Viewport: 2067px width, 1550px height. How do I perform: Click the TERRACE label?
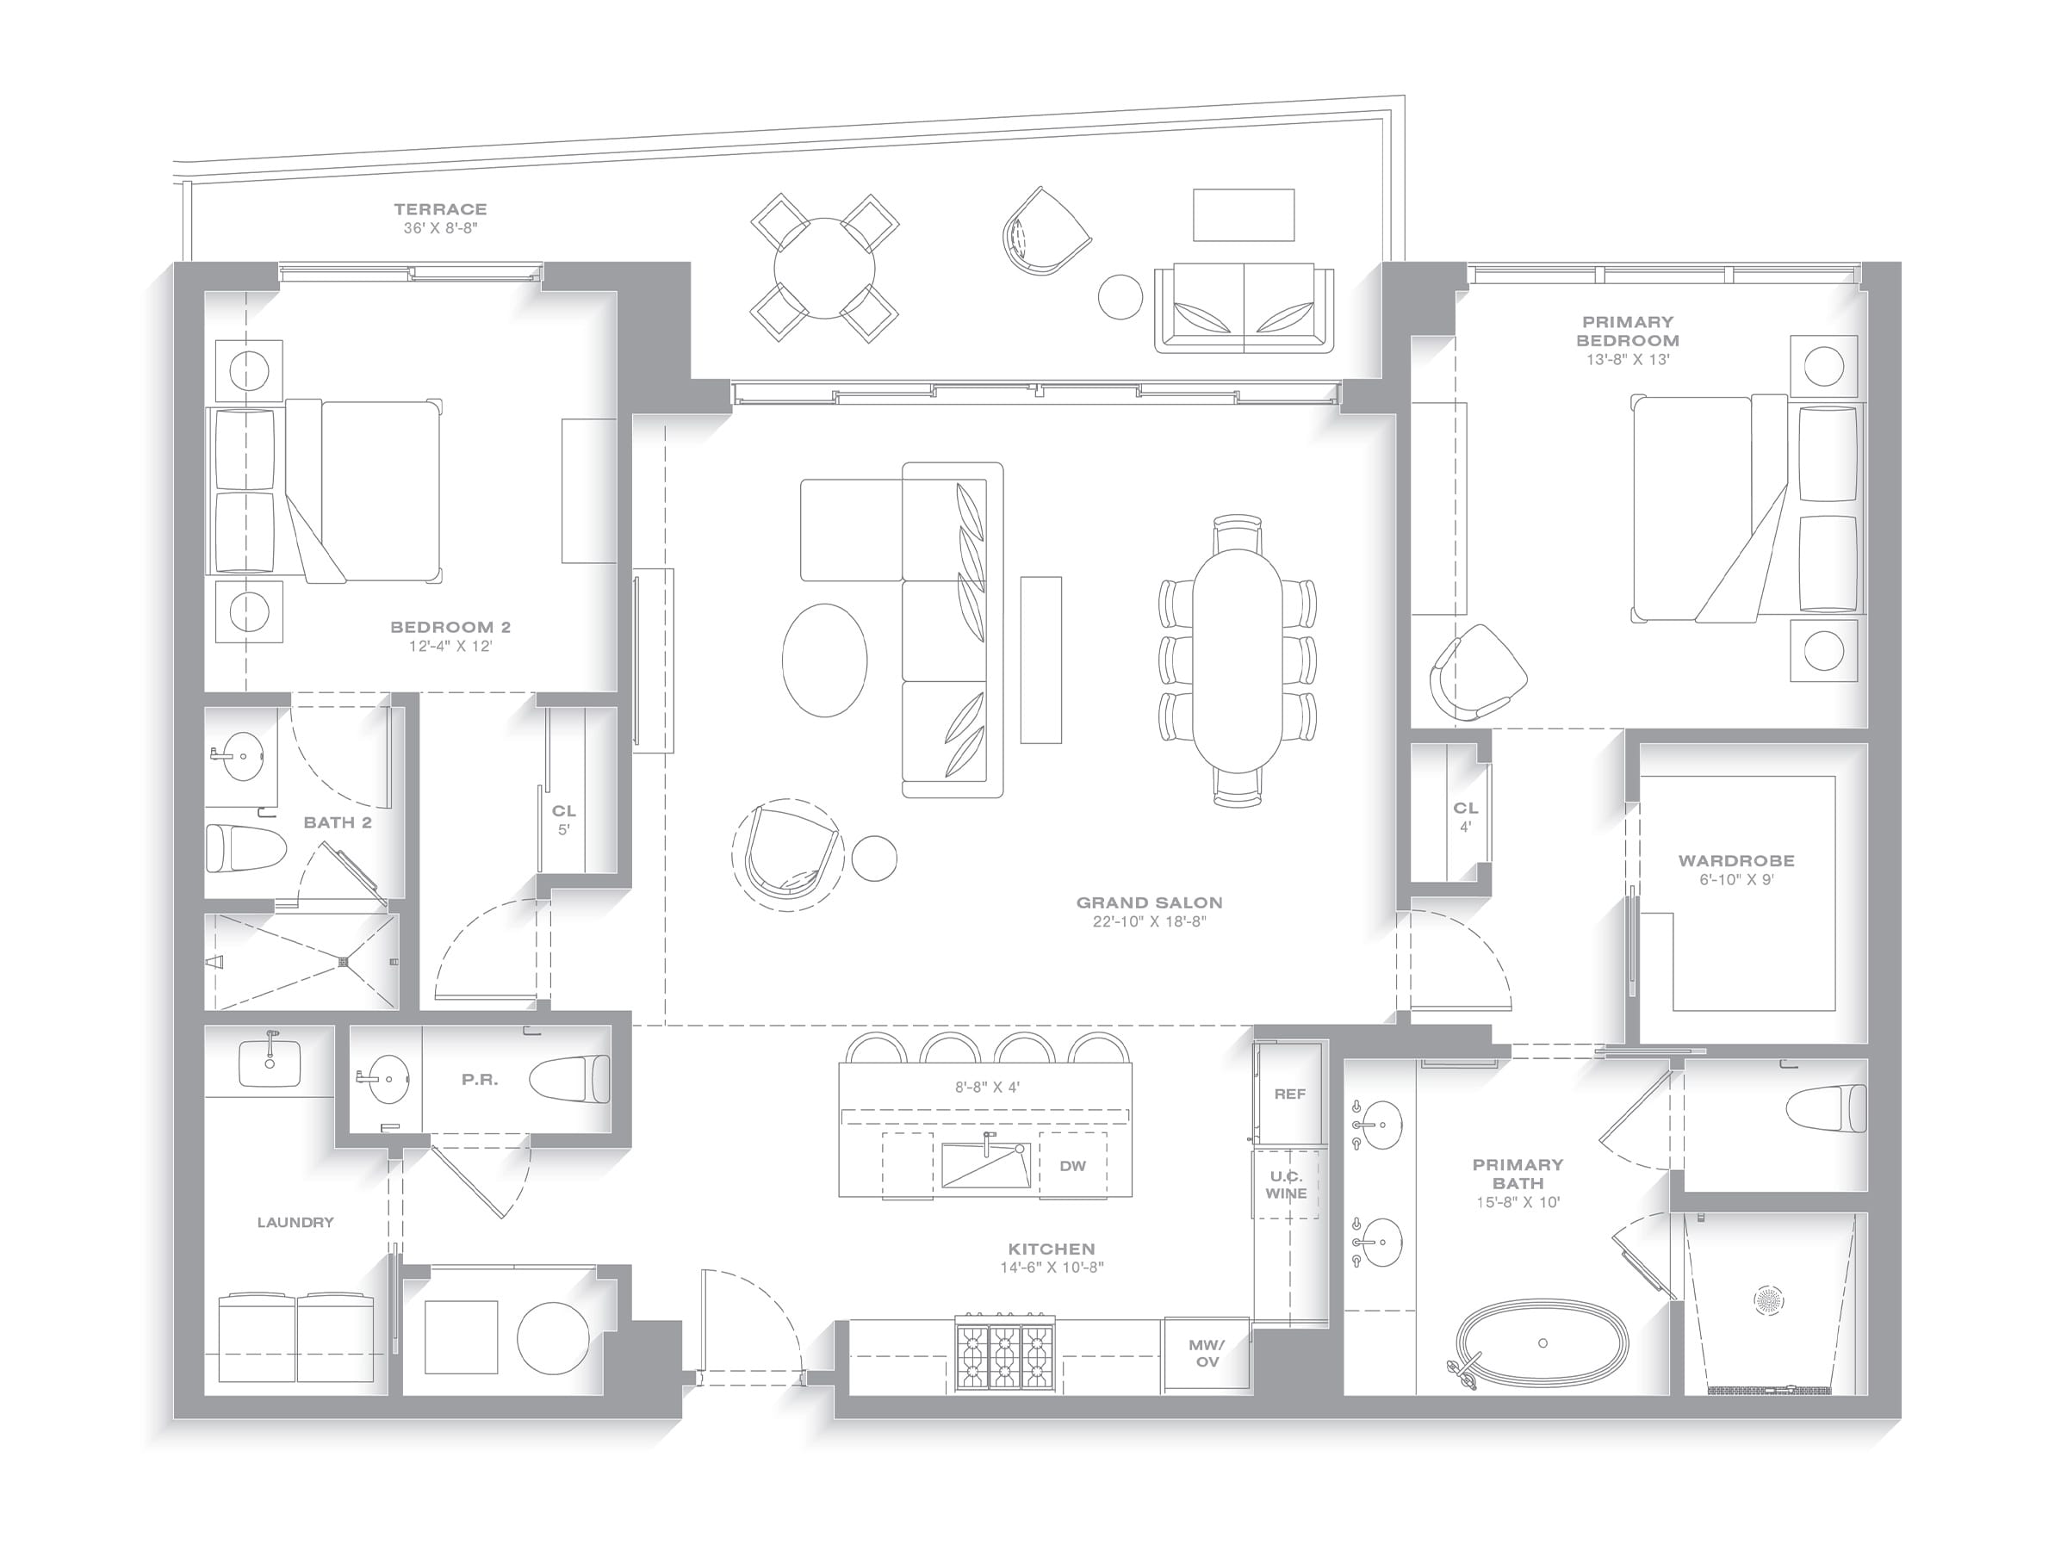point(440,209)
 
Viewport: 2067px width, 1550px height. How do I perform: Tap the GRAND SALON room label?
point(1150,902)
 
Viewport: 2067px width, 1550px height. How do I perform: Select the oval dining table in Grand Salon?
point(1238,660)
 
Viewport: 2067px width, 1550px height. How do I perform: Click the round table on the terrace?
point(825,268)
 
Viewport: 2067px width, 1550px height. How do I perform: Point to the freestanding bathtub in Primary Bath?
point(1542,1343)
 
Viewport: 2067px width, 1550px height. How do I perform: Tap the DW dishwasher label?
point(1073,1165)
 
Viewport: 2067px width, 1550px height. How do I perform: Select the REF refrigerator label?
point(1289,1094)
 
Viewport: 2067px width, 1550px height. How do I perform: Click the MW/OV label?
point(1207,1354)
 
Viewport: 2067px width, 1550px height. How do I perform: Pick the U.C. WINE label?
point(1287,1185)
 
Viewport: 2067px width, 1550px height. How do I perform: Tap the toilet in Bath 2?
point(245,847)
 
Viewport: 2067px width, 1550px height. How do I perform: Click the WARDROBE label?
point(1736,860)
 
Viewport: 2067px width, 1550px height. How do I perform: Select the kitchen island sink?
point(986,1163)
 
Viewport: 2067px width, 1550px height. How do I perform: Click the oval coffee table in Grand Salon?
point(824,660)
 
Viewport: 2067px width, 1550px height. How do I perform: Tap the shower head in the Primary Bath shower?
point(1768,1299)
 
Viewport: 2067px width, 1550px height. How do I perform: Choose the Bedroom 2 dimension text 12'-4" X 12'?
point(450,646)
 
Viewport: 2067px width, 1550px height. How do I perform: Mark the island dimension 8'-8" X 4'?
point(987,1087)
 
